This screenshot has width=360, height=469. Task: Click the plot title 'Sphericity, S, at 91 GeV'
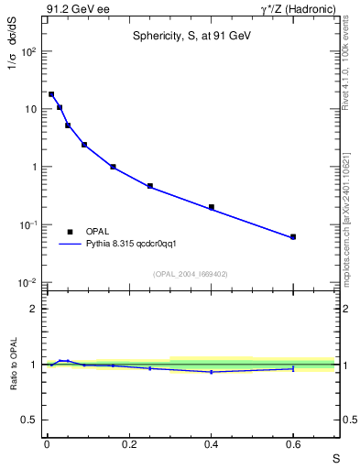(x=190, y=36)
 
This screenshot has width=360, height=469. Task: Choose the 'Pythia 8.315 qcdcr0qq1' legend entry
(x=125, y=245)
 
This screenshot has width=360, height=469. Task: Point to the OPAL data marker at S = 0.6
(x=293, y=237)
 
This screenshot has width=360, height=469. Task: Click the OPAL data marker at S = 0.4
(x=212, y=207)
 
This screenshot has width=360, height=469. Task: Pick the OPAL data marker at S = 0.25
(x=150, y=186)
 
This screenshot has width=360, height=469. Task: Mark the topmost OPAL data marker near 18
(x=51, y=94)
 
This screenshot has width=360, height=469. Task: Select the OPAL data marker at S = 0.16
(x=113, y=167)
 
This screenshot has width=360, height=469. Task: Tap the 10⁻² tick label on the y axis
(x=28, y=282)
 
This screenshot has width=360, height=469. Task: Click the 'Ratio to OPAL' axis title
(x=13, y=365)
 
